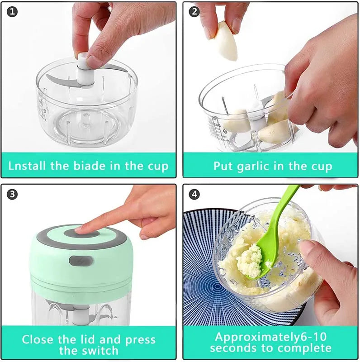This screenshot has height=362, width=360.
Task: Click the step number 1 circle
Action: point(13,12)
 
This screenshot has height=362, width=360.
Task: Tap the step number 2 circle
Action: point(194,12)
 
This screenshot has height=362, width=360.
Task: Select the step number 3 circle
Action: point(13,195)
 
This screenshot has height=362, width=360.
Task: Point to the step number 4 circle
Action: point(194,195)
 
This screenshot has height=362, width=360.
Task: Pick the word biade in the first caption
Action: point(89,166)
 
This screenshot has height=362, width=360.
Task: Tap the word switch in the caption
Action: point(97,350)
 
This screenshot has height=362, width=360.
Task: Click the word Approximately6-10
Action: point(270,337)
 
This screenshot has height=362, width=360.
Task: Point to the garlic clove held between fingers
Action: point(226,41)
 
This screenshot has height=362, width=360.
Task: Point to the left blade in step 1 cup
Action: point(58,81)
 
